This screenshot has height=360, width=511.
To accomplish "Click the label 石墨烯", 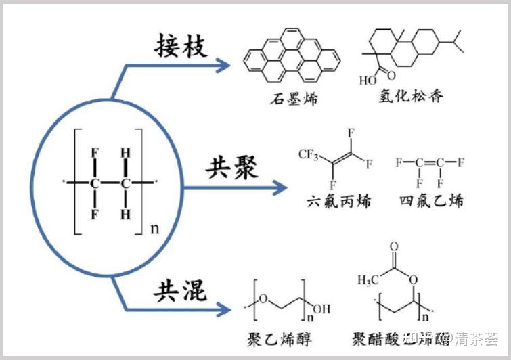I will pos(293,99).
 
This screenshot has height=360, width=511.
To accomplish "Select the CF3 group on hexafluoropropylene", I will pos(309,155).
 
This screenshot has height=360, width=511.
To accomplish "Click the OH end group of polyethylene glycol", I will pos(321,310).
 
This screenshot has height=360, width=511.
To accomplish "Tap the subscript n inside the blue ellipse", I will pos(154,228).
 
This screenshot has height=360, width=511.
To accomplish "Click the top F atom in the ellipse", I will pos(96,152).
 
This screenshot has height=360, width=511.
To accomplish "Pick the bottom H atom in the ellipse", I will pos(125,215).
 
